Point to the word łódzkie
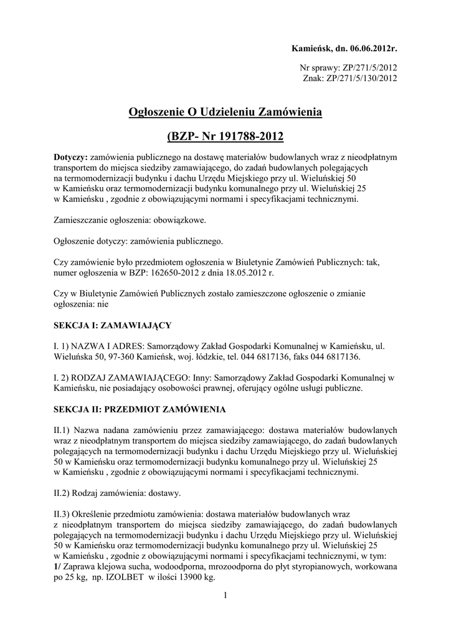199,357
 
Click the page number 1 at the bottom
225,598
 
